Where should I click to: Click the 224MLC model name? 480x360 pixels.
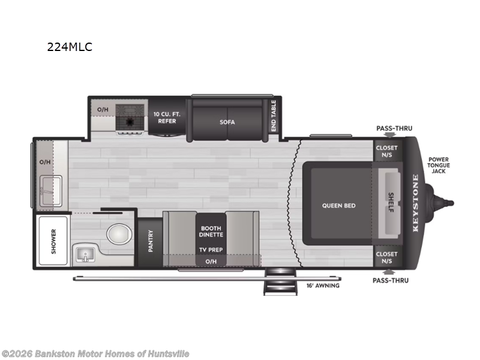click(x=70, y=47)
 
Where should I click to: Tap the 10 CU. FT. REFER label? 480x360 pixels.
click(x=167, y=118)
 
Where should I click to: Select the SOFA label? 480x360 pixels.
click(x=227, y=122)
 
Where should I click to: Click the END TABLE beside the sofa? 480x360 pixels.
click(x=274, y=116)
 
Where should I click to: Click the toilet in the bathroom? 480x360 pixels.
click(x=118, y=233)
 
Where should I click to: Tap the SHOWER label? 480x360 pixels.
click(x=53, y=241)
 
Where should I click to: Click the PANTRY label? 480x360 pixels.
click(x=151, y=242)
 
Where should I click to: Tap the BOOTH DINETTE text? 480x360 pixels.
click(x=211, y=231)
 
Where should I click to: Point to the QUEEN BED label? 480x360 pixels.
click(x=338, y=205)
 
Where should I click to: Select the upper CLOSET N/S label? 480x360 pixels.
click(x=386, y=151)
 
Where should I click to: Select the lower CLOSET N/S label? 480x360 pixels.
click(x=386, y=257)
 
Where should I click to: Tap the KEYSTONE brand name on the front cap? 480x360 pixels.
click(x=415, y=203)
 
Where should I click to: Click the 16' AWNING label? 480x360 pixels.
click(x=323, y=286)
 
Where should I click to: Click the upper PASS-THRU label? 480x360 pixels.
click(x=394, y=128)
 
